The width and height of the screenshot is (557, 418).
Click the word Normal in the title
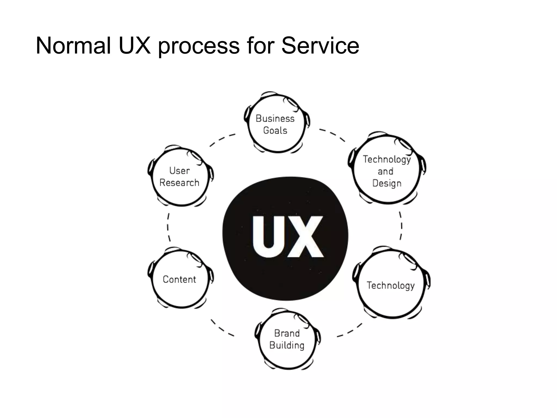point(73,45)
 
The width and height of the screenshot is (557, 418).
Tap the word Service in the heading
point(320,45)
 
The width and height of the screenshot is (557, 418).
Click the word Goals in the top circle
point(275,131)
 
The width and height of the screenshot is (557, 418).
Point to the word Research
point(179,183)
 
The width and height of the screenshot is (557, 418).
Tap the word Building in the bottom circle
point(287,345)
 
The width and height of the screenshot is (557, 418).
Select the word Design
point(387,183)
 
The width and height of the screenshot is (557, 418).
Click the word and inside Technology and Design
point(385,171)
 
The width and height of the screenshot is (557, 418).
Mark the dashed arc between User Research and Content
point(168,227)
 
